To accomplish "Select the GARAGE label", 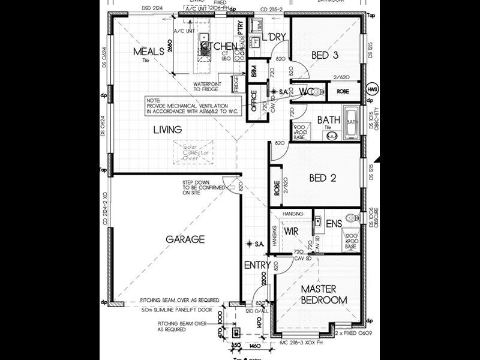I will click(185, 239).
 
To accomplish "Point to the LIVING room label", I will click(167, 130).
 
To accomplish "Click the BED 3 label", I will click(326, 55).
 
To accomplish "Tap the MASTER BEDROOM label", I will click(324, 294).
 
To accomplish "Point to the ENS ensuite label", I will click(334, 224).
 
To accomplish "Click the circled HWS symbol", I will click(373, 88).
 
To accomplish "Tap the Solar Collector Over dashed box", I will click(193, 152).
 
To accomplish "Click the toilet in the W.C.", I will click(317, 92).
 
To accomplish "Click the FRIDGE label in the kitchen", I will click(236, 83).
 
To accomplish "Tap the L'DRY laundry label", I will click(275, 37).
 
